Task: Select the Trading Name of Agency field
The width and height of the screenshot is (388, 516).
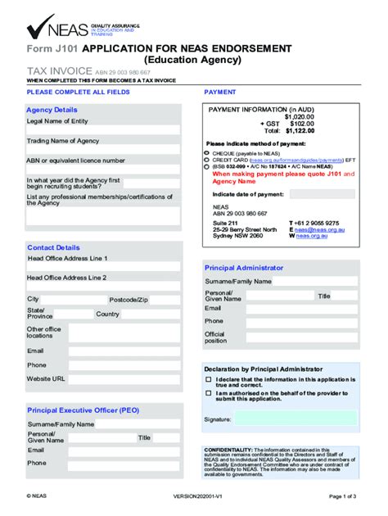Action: pos(103,151)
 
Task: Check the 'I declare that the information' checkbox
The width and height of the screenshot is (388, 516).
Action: pos(208,379)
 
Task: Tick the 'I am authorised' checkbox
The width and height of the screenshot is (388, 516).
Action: pos(208,395)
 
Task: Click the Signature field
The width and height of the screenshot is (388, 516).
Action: pos(295,420)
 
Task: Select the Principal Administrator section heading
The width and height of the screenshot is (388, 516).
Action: pos(244,268)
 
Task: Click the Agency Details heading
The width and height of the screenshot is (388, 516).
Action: pos(52,110)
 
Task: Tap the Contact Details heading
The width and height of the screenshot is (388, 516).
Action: pos(53,247)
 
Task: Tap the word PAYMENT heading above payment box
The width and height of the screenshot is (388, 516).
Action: pos(219,93)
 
